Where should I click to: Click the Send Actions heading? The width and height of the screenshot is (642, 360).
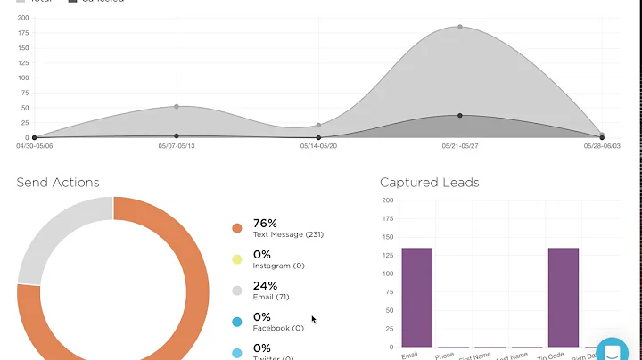click(58, 183)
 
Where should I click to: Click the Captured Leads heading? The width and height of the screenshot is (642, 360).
click(429, 183)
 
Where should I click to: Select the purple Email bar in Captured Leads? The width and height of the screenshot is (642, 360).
click(416, 297)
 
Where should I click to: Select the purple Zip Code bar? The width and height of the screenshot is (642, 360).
click(564, 297)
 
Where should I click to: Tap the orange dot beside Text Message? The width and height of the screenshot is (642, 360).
click(236, 228)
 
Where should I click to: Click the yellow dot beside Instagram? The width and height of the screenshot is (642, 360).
click(236, 259)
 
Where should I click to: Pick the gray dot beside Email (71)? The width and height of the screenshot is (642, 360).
click(236, 290)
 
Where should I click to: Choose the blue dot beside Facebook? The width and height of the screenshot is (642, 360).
click(236, 322)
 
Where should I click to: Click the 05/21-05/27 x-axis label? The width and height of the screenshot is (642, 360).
click(460, 146)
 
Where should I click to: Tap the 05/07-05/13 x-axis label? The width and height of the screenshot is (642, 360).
click(177, 146)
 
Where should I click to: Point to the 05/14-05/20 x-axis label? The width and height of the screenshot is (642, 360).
click(318, 146)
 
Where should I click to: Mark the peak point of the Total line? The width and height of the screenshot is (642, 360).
click(460, 27)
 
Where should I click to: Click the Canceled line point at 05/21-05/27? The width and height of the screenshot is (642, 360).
click(460, 116)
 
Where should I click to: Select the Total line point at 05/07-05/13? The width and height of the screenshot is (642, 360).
click(177, 107)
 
